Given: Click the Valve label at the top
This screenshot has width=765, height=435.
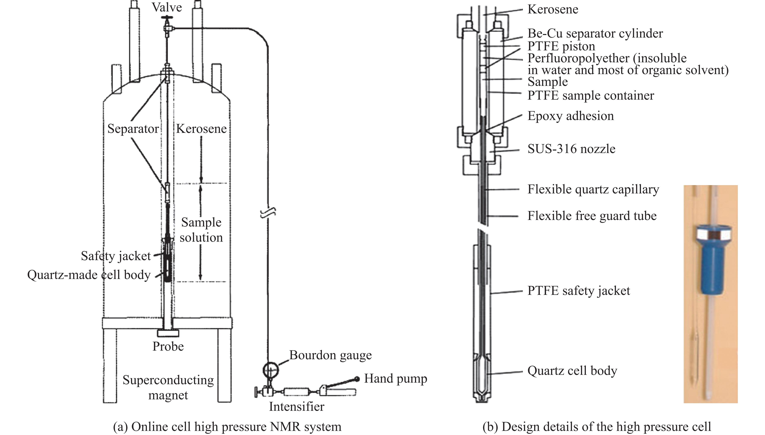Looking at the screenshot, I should [x=167, y=7].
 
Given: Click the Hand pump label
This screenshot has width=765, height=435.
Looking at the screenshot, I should [x=395, y=379].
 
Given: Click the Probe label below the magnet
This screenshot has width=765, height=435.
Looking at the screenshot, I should [x=168, y=346].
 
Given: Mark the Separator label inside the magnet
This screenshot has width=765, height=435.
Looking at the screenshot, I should [x=133, y=129].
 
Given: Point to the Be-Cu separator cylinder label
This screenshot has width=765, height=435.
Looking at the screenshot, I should [x=595, y=33].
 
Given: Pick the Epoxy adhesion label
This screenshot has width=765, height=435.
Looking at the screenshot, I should [x=570, y=116].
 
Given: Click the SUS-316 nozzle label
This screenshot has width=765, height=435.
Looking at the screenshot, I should [x=571, y=149].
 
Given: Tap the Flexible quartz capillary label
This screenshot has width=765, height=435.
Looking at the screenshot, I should [x=593, y=189].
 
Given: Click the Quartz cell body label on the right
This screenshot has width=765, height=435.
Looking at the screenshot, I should [x=572, y=371].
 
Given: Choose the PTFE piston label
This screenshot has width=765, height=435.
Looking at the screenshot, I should [x=561, y=46].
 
